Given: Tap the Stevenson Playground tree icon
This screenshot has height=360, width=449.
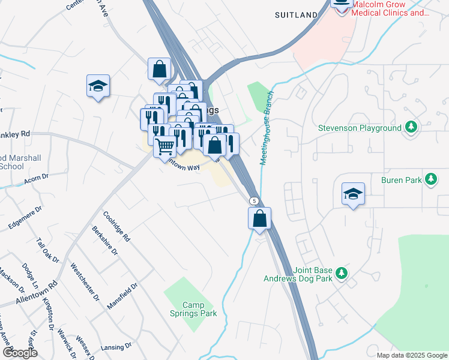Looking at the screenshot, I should tap(411, 128).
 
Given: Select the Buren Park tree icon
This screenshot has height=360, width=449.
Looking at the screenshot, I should tap(430, 179).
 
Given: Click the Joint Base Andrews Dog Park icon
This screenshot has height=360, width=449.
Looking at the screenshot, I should tap(342, 274).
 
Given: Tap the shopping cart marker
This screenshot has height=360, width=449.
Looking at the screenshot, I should tap(165, 145).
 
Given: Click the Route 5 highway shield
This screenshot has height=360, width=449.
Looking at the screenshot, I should tap(255, 200).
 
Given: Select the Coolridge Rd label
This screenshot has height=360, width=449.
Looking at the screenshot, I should tap(116, 226).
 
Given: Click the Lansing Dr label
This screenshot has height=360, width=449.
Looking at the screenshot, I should tap(116, 347).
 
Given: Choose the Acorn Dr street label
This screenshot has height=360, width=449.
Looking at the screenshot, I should tap(35, 179).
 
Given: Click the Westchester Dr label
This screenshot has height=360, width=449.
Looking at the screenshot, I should tap(85, 281).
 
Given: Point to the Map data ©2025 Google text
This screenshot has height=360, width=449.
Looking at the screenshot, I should tap(411, 355).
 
